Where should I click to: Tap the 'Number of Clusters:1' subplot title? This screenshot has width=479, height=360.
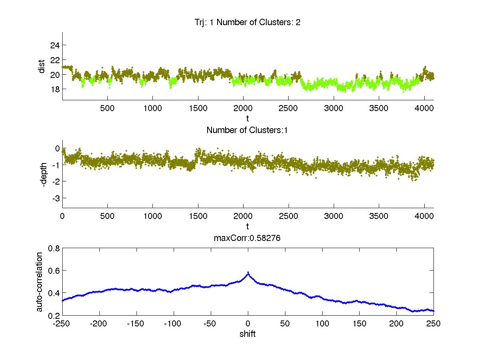click(247, 130)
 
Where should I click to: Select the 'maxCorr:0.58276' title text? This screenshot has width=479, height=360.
click(247, 238)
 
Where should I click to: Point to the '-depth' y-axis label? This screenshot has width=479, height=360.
click(44, 174)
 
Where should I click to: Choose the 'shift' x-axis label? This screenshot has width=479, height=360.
click(247, 334)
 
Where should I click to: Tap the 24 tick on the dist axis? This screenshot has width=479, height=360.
click(55, 45)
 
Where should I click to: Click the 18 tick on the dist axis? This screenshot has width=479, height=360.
click(55, 89)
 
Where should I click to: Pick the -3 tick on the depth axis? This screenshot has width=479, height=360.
click(55, 198)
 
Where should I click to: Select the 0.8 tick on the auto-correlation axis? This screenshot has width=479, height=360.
click(54, 248)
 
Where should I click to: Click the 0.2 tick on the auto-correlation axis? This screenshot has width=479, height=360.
click(54, 316)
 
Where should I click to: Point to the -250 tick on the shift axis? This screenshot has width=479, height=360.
click(62, 324)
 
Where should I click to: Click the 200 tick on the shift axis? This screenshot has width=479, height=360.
click(396, 324)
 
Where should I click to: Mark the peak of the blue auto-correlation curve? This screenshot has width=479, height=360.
click(248, 273)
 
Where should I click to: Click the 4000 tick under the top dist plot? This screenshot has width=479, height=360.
click(424, 108)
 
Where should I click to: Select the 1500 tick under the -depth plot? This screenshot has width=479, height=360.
click(198, 216)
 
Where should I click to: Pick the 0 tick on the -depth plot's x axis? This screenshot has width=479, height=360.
click(62, 216)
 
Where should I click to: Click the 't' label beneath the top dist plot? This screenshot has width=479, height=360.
click(247, 118)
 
